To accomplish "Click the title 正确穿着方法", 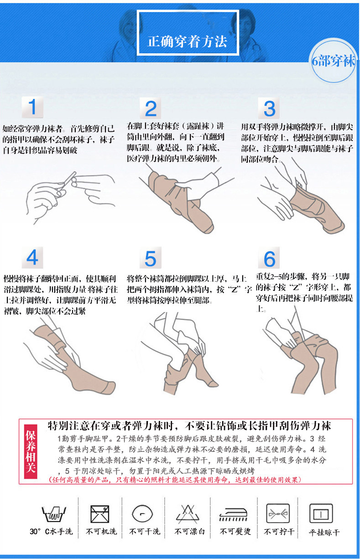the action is point(187,41).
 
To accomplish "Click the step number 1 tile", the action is point(32,107).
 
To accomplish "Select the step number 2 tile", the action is point(150,109).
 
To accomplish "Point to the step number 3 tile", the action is point(269,109).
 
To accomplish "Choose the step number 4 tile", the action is point(32,258).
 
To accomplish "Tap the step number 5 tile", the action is point(150,258).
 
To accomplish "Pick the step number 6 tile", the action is point(269,258).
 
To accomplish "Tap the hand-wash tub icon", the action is point(54,514).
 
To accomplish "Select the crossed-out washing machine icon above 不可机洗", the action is point(100,514).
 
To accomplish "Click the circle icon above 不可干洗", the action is point(142,514).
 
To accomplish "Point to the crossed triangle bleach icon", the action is point(188,514).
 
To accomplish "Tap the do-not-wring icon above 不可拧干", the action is point(278,513).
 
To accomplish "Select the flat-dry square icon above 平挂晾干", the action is point(321,513).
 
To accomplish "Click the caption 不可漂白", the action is point(189,531).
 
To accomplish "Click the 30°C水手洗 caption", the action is point(51,531).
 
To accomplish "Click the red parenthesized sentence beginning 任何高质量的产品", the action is point(175,479).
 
